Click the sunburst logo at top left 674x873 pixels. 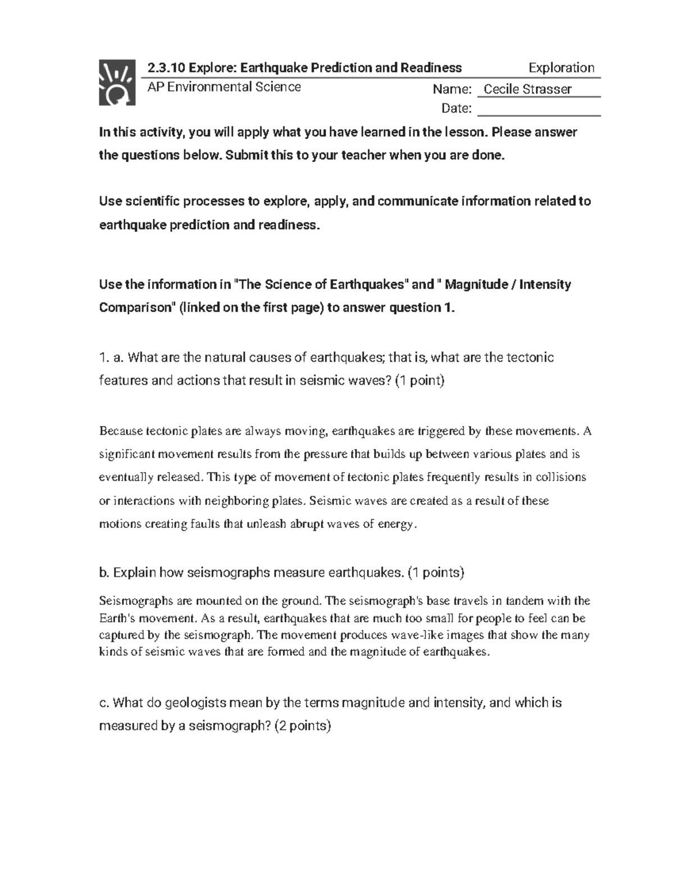click(117, 83)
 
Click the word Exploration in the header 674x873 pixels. click(561, 68)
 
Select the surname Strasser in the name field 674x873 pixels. click(549, 89)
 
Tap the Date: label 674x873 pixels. click(456, 108)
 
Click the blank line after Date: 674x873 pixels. click(539, 110)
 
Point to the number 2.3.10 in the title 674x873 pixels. click(166, 68)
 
